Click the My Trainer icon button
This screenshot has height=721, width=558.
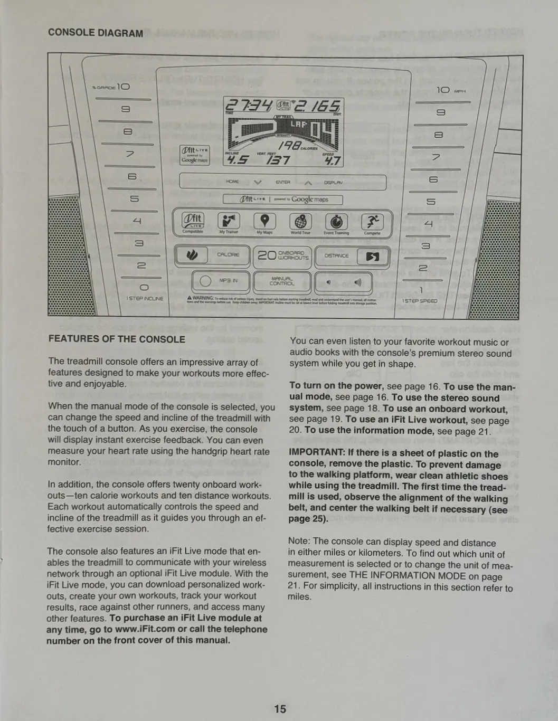(229, 221)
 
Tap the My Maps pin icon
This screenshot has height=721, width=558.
(264, 221)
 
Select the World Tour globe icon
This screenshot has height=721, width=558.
(300, 222)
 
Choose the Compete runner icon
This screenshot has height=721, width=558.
(372, 222)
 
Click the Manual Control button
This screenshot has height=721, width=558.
(281, 281)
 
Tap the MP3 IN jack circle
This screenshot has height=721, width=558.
(205, 281)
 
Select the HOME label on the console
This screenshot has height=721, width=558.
(232, 182)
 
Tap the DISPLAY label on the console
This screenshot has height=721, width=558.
(333, 183)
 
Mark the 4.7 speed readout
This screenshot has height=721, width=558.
(332, 160)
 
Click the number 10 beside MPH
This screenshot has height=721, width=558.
(443, 90)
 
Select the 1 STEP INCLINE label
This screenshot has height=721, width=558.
(145, 299)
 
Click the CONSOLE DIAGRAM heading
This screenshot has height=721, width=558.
(96, 33)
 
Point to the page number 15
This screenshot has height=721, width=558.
(280, 708)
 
